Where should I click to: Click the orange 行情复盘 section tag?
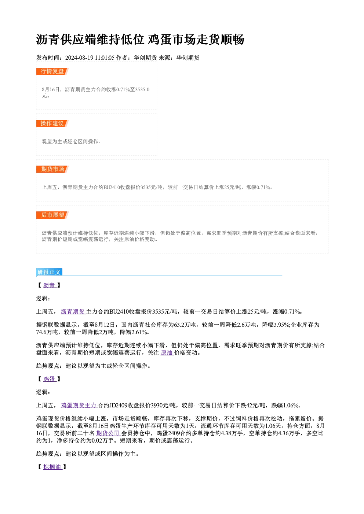(x=52, y=71)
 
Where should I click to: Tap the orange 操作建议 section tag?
(x=52, y=123)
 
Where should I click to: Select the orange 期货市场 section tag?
(x=52, y=169)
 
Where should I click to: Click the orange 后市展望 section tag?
(x=52, y=215)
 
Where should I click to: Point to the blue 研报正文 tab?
(x=49, y=272)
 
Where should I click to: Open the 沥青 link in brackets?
(x=49, y=285)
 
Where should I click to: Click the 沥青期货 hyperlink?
(x=73, y=312)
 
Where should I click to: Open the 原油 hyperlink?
(x=167, y=352)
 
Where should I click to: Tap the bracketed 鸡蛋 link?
(x=49, y=379)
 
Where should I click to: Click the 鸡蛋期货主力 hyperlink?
(x=79, y=406)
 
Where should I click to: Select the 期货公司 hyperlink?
(x=108, y=433)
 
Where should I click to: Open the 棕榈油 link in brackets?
(x=52, y=467)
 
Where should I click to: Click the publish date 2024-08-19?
(x=79, y=58)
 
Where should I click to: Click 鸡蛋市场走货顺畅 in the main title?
(x=196, y=40)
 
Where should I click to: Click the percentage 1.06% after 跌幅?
(x=291, y=406)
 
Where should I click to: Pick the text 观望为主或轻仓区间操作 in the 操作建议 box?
(x=70, y=141)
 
